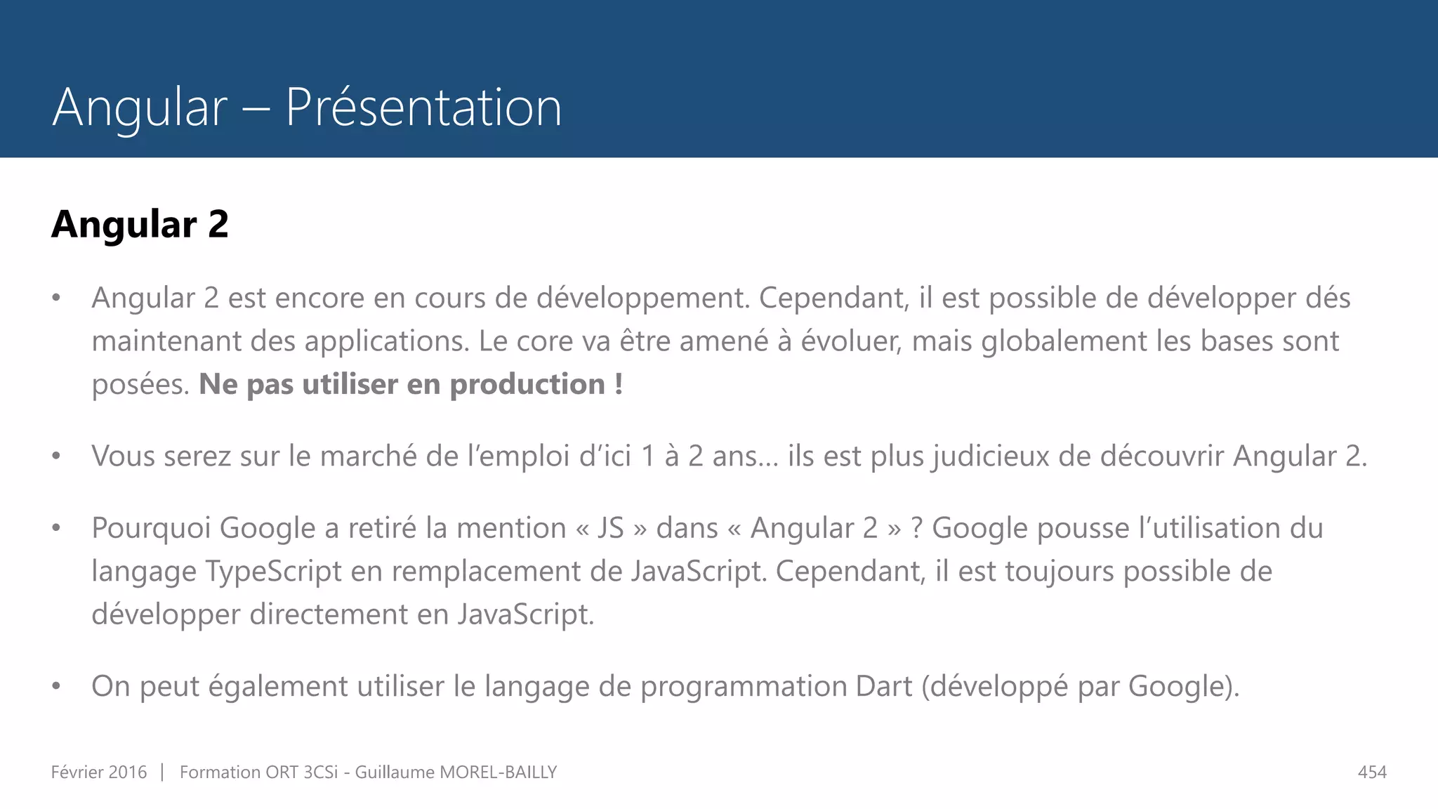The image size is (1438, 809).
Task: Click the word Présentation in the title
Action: pos(423,107)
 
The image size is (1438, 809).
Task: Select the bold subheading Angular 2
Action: pos(140,225)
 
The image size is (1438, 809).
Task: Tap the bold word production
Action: pos(527,385)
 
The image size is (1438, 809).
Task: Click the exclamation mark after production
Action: pos(619,384)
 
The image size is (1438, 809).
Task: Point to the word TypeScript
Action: pos(274,572)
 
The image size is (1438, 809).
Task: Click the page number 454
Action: pos(1372,772)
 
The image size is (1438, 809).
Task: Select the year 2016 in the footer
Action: pos(128,772)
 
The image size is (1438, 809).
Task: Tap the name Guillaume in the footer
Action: pos(395,772)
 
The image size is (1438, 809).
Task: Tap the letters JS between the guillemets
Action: pos(610,528)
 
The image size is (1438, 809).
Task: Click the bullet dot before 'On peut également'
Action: pos(56,686)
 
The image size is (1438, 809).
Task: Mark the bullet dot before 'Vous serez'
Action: pos(56,456)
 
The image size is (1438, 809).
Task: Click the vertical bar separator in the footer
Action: pos(162,772)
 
